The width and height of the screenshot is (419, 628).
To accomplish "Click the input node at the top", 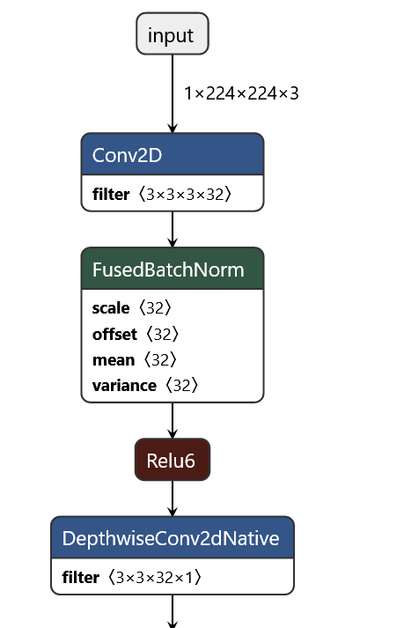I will [172, 35].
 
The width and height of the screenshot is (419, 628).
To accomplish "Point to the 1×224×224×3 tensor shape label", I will [240, 92].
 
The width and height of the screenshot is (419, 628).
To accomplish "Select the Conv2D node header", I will [172, 156].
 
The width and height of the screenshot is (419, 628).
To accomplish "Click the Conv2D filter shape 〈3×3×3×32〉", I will [184, 194].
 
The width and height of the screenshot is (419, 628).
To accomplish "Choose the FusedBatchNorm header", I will [172, 270].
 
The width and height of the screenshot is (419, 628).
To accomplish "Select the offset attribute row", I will [114, 334].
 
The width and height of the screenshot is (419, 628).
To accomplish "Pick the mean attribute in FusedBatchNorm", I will [114, 359].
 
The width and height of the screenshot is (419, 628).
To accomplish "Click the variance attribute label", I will [124, 385].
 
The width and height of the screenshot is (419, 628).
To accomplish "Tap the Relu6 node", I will [172, 460].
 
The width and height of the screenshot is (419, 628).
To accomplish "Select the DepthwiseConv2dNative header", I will [172, 538].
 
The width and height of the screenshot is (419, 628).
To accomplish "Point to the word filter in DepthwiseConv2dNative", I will [82, 577].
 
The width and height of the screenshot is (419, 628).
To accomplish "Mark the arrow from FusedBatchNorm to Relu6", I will [172, 420].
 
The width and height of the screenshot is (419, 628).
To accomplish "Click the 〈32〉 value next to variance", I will [179, 385].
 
